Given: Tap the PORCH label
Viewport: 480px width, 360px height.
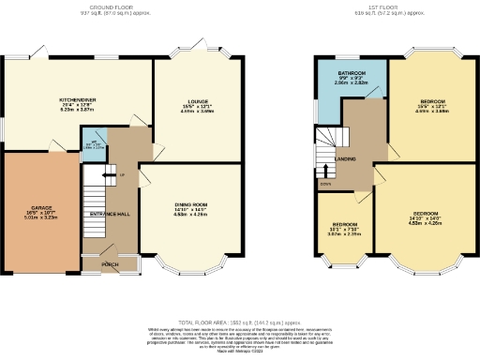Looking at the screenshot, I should pyautogui.click(x=111, y=264).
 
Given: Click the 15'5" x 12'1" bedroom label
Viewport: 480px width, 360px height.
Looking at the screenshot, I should pyautogui.click(x=432, y=100).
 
